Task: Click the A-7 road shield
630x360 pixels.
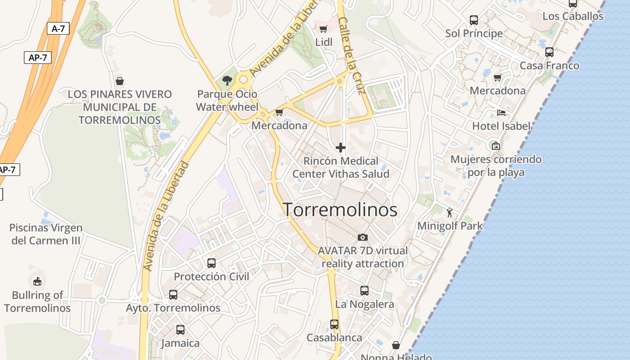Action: (58, 29)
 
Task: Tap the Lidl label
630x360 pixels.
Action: (324, 42)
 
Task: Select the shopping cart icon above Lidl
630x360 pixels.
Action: (323, 29)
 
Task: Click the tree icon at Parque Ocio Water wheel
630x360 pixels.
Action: (227, 81)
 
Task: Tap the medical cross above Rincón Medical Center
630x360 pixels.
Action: (341, 147)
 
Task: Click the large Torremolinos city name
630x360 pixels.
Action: (340, 210)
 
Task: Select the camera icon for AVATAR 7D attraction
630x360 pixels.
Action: (363, 237)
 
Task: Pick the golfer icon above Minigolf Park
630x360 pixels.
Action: (450, 212)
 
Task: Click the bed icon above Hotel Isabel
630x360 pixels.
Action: (501, 112)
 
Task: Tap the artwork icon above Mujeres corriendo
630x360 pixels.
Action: (495, 145)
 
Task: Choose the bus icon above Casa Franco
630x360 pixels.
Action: (549, 52)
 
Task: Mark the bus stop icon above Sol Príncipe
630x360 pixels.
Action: (474, 20)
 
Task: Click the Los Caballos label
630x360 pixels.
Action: (573, 16)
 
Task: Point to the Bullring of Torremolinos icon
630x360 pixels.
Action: (37, 281)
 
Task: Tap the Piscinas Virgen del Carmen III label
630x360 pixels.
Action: (46, 234)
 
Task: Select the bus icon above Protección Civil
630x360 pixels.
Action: (211, 263)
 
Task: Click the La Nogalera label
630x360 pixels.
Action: (364, 304)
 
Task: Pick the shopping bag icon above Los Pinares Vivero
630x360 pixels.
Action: (120, 81)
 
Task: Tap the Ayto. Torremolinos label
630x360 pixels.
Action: (173, 308)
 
